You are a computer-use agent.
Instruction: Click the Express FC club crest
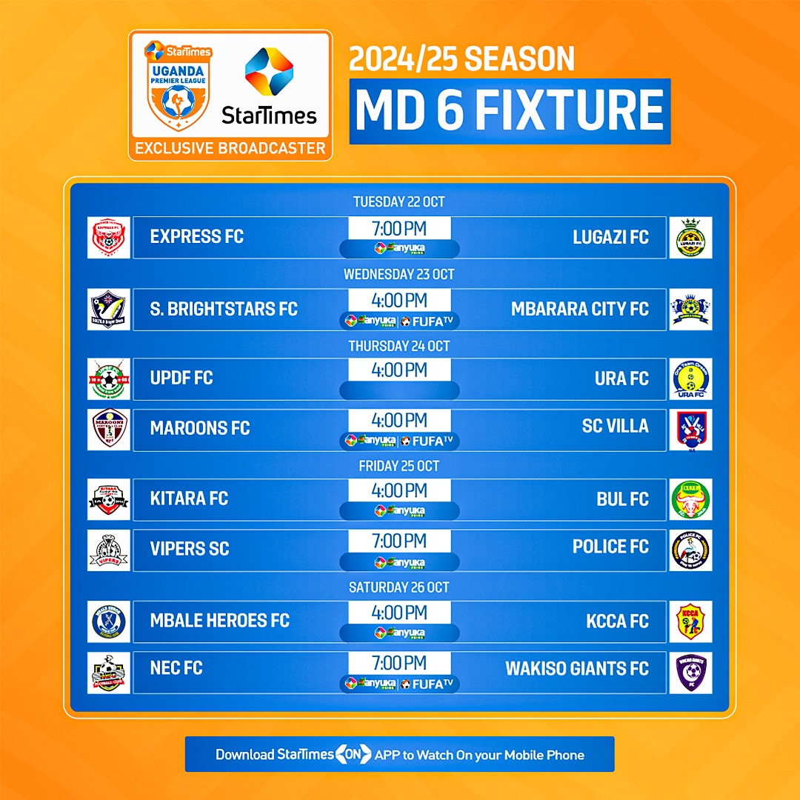point(108,237)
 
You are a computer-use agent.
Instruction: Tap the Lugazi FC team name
point(610,237)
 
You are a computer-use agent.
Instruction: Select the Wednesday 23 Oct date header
point(399,274)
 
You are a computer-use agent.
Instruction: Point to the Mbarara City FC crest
point(690,309)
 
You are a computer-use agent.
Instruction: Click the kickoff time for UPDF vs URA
point(399,370)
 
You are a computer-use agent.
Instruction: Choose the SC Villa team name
point(615,426)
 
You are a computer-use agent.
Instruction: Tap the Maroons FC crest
point(108,429)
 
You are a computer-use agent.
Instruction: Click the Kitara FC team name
point(189,499)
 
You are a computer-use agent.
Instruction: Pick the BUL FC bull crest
point(690,499)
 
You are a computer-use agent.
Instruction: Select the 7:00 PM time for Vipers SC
point(399,541)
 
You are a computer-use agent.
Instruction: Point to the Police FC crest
point(690,550)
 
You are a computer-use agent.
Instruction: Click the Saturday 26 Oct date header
point(399,587)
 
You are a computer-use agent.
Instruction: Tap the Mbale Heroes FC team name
point(219,620)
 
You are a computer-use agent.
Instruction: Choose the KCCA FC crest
point(690,621)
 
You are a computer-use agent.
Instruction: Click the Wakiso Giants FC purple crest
point(690,672)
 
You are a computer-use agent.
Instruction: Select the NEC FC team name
point(176,668)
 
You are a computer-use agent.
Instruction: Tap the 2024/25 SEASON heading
point(461,60)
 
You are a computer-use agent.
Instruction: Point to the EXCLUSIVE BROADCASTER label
point(230,148)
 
